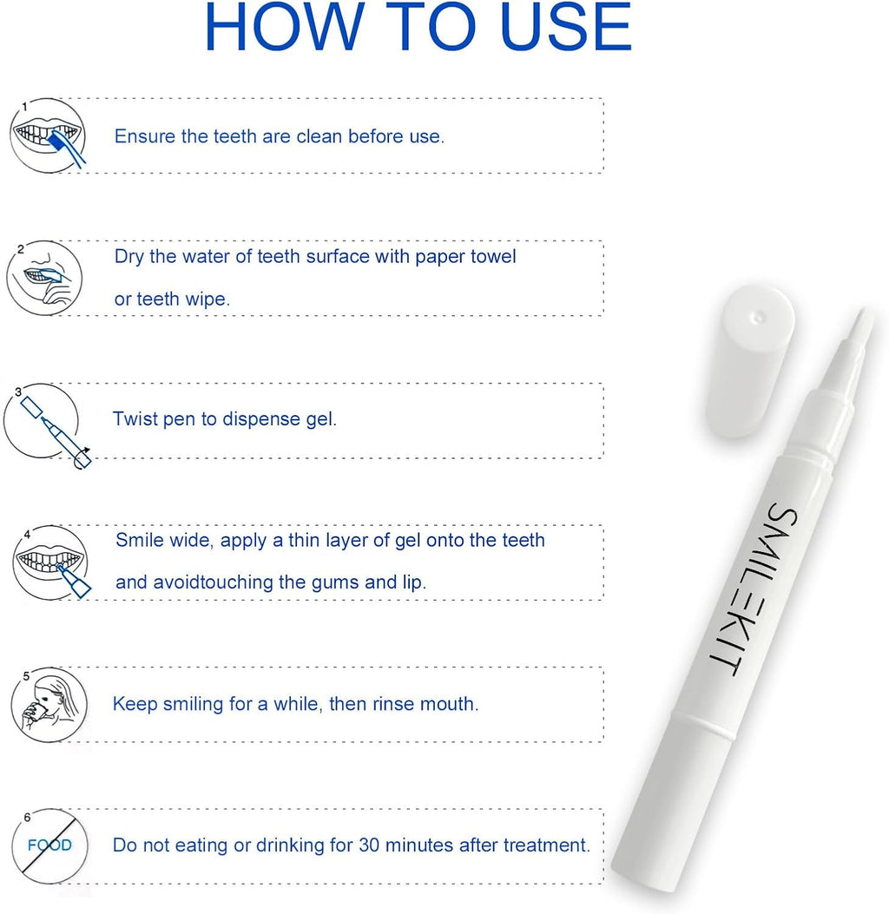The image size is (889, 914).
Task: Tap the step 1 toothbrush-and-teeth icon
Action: click(x=48, y=135)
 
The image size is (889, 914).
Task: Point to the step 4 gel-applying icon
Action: click(x=49, y=564)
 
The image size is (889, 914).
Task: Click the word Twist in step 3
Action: click(x=133, y=419)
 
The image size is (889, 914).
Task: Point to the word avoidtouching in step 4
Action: click(x=212, y=582)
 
